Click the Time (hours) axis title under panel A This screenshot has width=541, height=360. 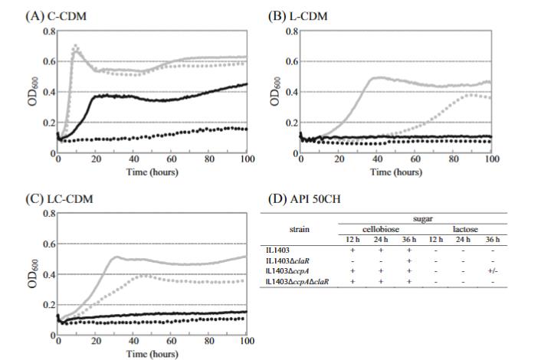click(152, 172)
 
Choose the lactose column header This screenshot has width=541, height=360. click(465, 229)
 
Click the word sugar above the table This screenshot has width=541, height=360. click(424, 218)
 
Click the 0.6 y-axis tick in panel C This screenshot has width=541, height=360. click(49, 244)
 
